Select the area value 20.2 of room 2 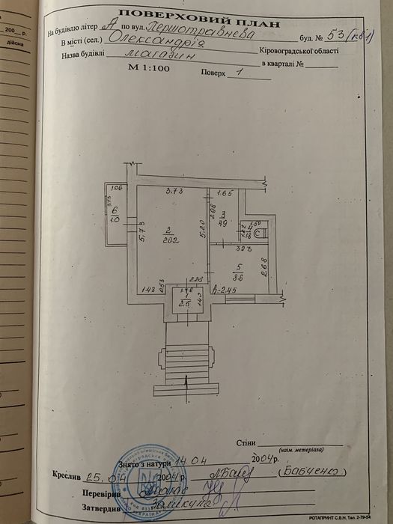[170, 240]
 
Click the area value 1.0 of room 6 [115, 221]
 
